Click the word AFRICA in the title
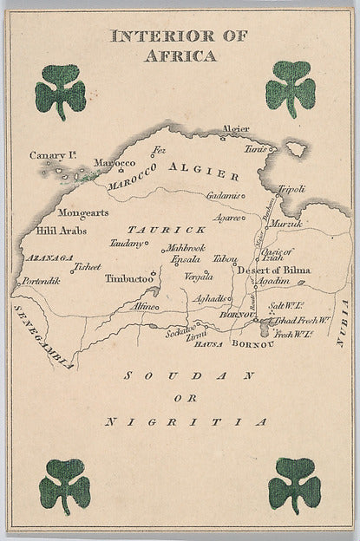(x=180, y=56)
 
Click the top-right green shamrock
(x=291, y=88)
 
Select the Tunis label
(x=253, y=148)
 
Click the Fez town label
(x=158, y=150)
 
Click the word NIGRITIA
(x=185, y=422)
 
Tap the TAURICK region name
(x=167, y=230)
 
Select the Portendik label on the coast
(x=43, y=282)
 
